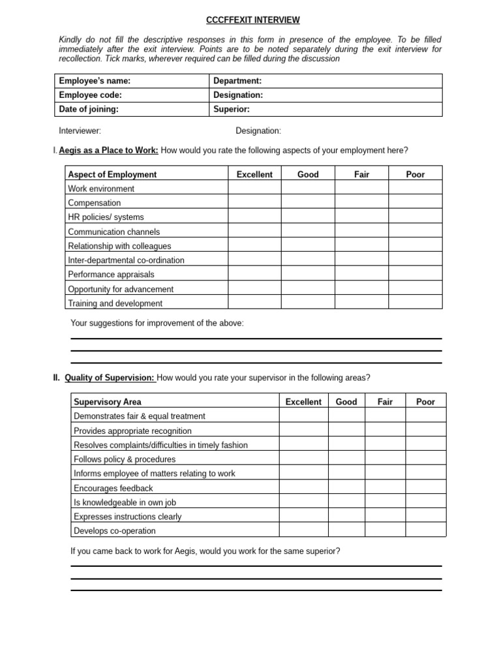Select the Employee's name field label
tap(95, 81)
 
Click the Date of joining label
tap(89, 110)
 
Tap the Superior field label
tap(232, 110)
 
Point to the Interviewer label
tap(80, 130)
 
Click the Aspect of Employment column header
tap(112, 174)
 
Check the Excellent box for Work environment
tap(254, 189)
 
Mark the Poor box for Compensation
tap(415, 203)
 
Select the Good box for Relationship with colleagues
tap(308, 246)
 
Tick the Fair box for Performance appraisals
tap(361, 275)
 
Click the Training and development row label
tap(115, 303)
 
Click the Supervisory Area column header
tap(108, 402)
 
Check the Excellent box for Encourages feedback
tap(303, 488)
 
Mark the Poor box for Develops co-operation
tap(425, 530)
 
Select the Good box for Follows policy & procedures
tap(346, 459)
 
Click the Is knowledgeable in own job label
tap(125, 502)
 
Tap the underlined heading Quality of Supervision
tap(110, 378)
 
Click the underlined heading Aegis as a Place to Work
tap(108, 151)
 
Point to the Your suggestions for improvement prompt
tap(157, 323)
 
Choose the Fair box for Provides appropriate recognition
tap(385, 431)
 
